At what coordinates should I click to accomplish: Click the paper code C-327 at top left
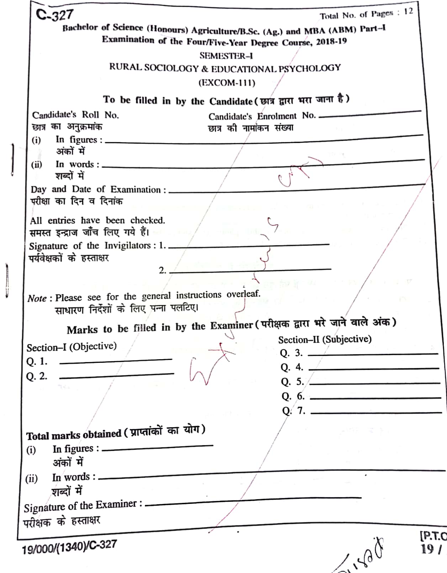pos(54,15)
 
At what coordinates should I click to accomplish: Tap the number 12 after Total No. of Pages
pos(408,11)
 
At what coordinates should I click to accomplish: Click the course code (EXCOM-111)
pos(227,83)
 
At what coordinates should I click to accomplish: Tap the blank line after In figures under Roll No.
pos(263,140)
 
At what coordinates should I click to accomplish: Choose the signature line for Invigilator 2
pos(250,270)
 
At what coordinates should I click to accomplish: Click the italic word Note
pos(37,298)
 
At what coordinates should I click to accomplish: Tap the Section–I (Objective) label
pos(72,346)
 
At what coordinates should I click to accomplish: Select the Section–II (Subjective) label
pos(325,339)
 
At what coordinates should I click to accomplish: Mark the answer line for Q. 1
pos(116,361)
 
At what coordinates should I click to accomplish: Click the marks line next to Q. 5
pos(375,383)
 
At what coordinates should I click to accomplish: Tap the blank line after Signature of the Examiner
pos(253,501)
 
